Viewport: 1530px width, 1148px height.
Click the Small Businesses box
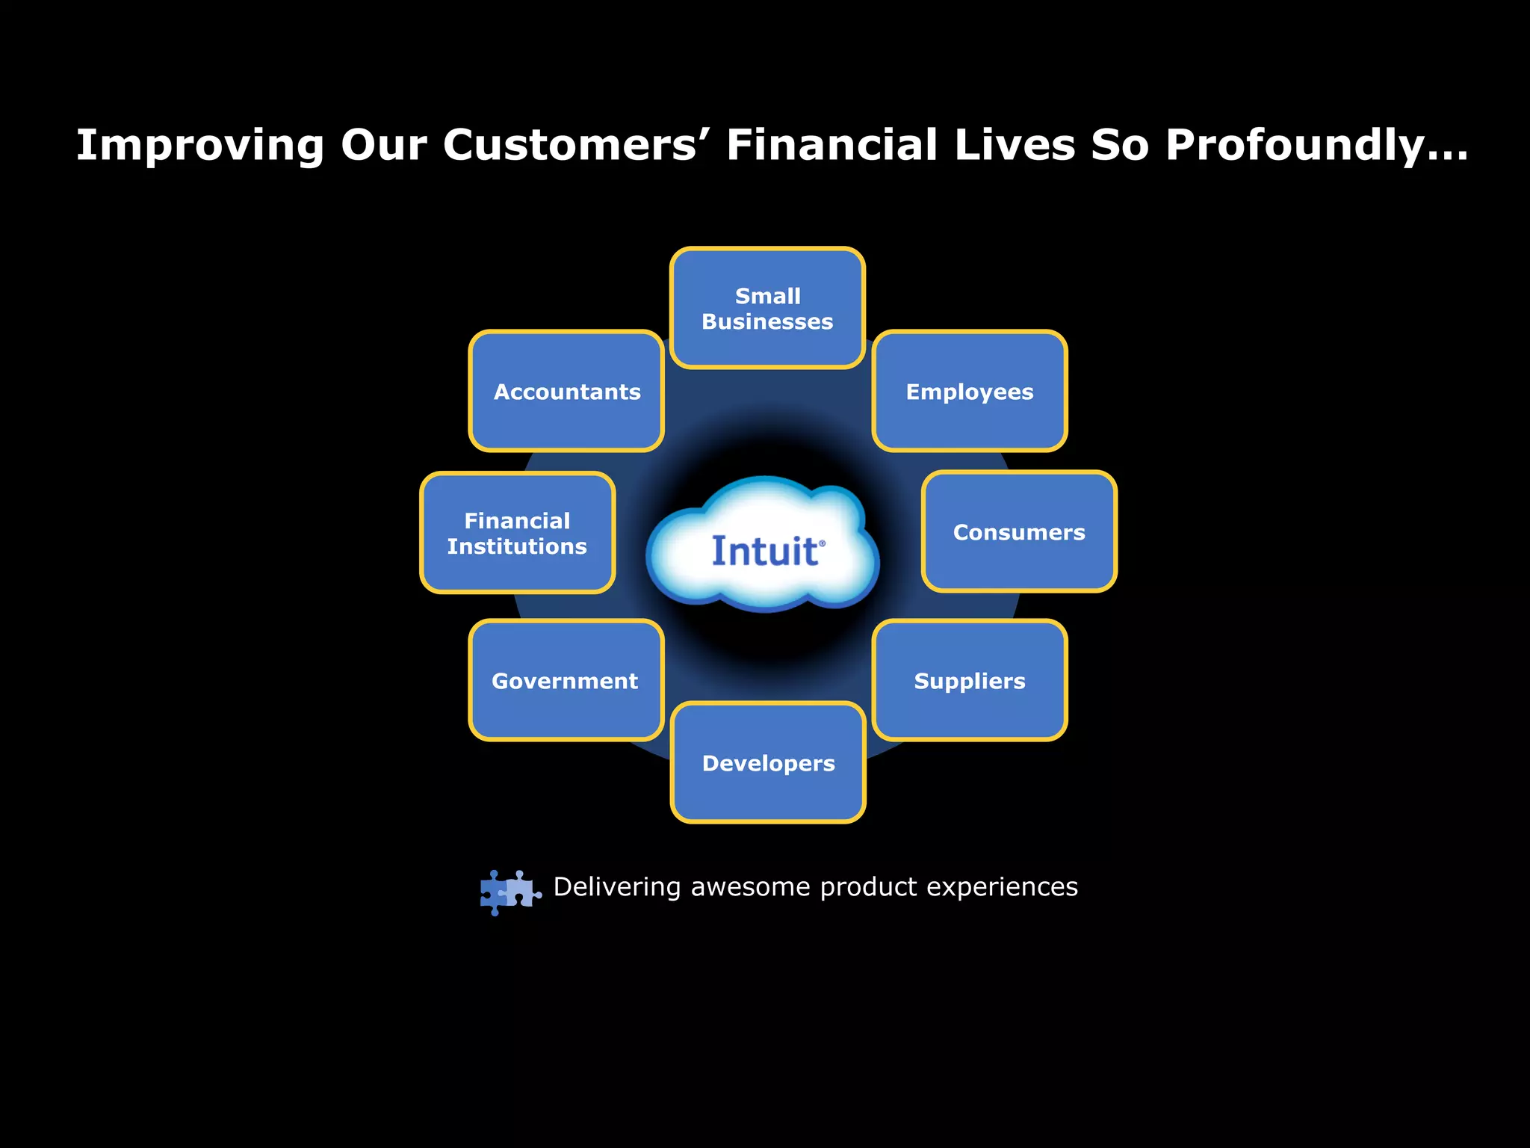tap(767, 308)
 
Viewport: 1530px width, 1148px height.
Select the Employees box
tap(970, 391)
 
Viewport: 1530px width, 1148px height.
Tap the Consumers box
tap(1019, 531)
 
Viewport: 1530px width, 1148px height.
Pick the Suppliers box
tap(970, 680)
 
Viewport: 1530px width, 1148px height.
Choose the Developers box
tap(768, 762)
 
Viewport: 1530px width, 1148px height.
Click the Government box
tap(566, 680)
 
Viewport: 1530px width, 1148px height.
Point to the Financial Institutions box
tap(517, 533)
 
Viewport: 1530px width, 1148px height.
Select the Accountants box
tap(566, 391)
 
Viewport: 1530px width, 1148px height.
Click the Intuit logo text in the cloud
tap(764, 552)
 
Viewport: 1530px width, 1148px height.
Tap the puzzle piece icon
tap(510, 892)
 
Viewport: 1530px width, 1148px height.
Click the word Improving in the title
tap(199, 146)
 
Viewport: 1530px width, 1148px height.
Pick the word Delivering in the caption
tap(617, 887)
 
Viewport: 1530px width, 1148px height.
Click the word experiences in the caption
tap(1002, 887)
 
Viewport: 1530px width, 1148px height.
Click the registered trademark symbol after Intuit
tap(823, 543)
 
